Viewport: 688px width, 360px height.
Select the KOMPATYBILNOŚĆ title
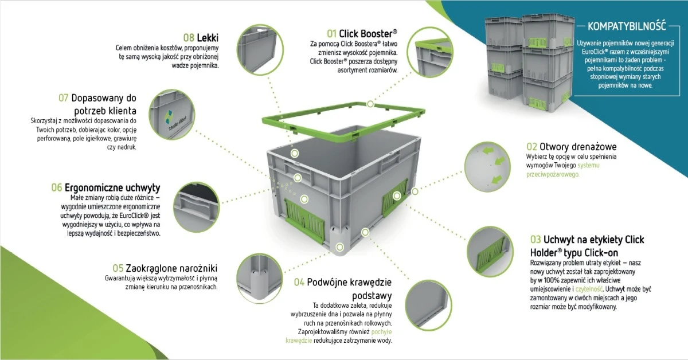point(626,26)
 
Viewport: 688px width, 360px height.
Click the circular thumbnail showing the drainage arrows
point(488,166)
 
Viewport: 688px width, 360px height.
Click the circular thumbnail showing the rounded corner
point(259,278)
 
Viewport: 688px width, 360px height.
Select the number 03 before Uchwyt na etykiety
point(535,238)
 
